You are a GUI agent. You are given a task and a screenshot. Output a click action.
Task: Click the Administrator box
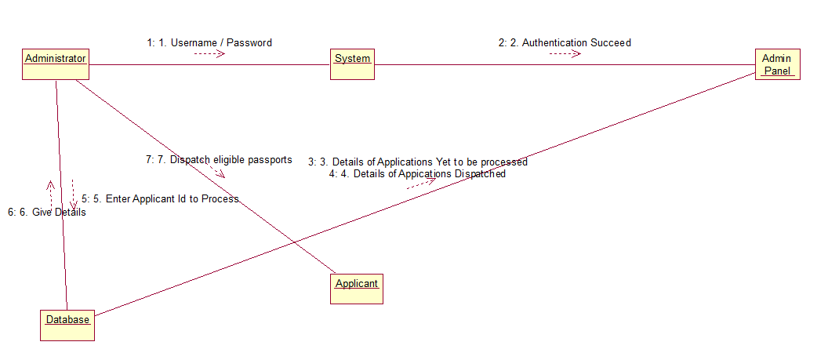(x=55, y=64)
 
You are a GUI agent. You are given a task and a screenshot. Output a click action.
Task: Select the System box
(x=352, y=64)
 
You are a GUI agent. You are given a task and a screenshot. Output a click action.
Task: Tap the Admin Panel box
(x=777, y=64)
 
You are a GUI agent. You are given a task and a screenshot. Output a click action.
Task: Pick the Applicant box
(x=357, y=288)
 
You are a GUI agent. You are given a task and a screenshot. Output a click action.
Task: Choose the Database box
(x=67, y=324)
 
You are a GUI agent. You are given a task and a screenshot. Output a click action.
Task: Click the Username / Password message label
(x=209, y=42)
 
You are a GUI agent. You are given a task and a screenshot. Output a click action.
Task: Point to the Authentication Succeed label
(x=565, y=42)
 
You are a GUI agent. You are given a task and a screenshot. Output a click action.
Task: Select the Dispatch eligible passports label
(x=219, y=159)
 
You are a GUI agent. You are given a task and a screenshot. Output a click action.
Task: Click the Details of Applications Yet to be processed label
(x=418, y=162)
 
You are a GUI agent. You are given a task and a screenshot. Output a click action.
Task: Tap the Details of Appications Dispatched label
(x=417, y=174)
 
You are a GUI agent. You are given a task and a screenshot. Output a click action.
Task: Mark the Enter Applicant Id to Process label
(x=160, y=199)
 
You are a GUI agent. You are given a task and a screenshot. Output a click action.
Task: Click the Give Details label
(x=47, y=212)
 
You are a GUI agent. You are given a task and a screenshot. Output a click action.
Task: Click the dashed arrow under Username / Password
(x=209, y=53)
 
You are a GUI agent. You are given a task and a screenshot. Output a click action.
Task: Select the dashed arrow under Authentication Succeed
(x=565, y=53)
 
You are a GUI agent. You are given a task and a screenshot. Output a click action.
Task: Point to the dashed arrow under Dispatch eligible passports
(x=217, y=172)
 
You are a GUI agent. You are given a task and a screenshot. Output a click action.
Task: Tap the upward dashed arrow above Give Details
(x=51, y=192)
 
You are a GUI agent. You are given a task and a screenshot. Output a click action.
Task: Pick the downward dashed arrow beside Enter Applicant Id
(x=73, y=195)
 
